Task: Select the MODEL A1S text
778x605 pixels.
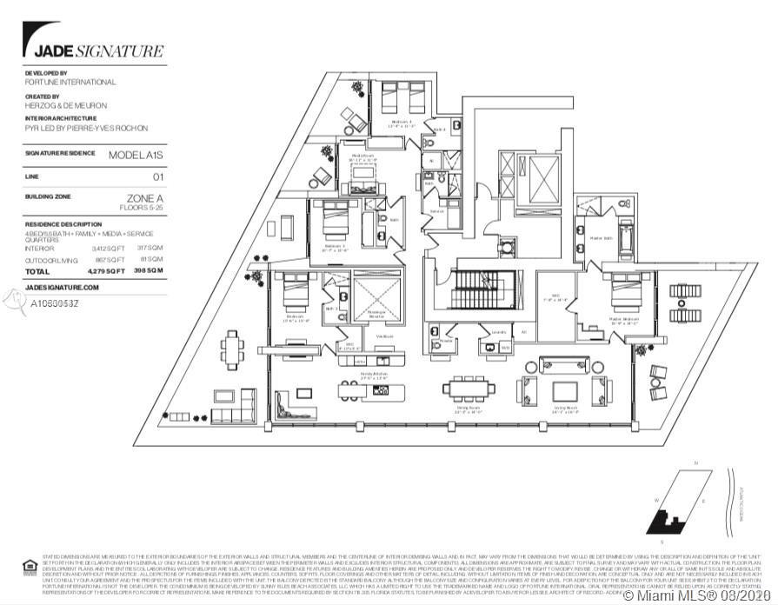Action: [x=135, y=155]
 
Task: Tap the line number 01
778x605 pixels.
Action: [x=157, y=176]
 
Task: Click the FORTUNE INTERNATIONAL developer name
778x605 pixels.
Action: [x=70, y=82]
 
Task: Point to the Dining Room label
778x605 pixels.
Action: [x=470, y=408]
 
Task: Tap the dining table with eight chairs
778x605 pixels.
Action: [x=469, y=387]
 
